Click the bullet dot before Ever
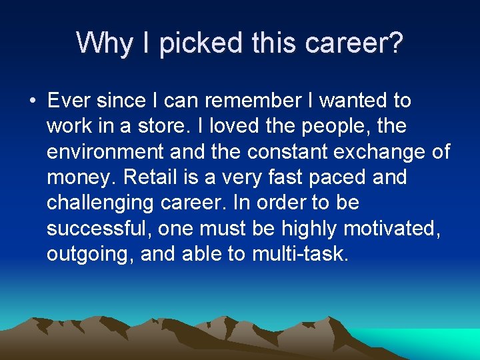31,101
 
